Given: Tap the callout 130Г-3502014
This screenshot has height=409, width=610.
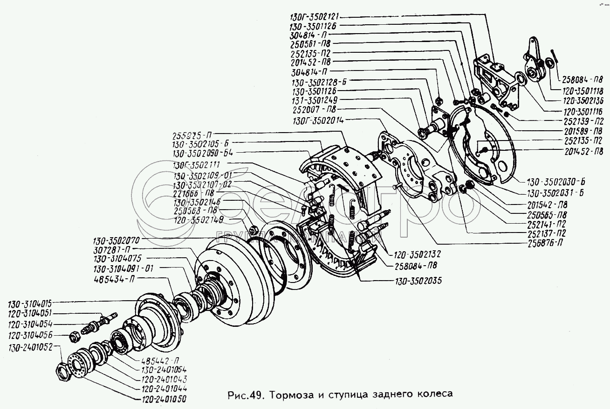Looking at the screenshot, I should pyautogui.click(x=318, y=120).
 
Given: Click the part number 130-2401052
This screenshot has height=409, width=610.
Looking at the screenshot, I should pyautogui.click(x=30, y=346).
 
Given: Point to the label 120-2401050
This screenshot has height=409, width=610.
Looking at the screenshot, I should pyautogui.click(x=160, y=400).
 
